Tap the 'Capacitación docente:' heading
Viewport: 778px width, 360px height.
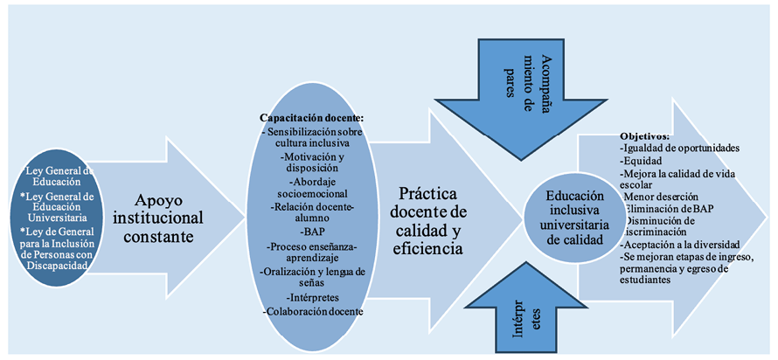coord(311,117)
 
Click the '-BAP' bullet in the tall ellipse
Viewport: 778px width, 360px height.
coord(311,232)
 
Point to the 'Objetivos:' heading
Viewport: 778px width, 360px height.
coord(645,137)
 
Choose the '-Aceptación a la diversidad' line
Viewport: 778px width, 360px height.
coord(680,245)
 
